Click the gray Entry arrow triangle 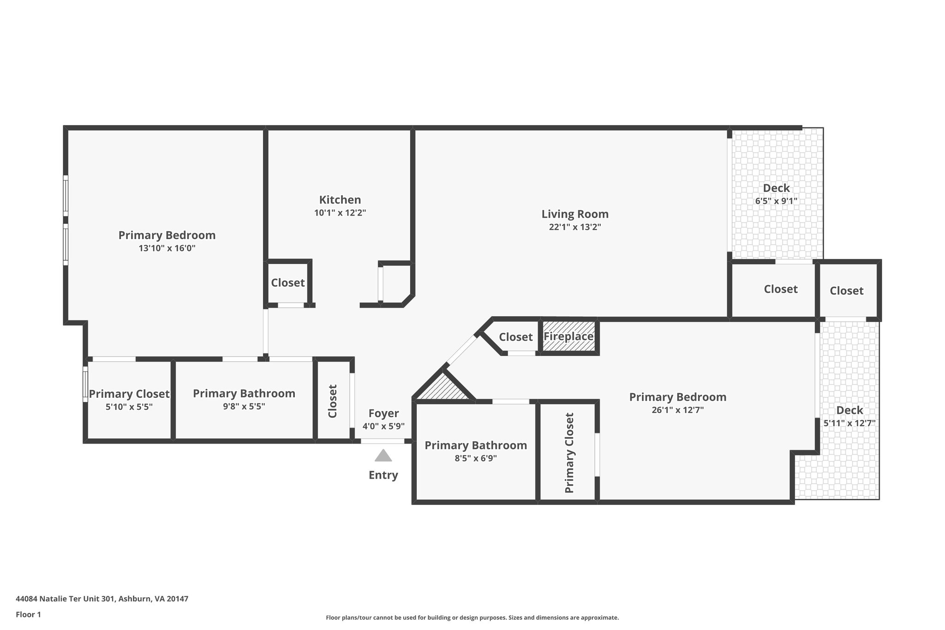[383, 456]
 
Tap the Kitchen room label [340, 200]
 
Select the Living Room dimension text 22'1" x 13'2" [575, 227]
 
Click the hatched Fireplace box [568, 336]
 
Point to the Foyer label [383, 414]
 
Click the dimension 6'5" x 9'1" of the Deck [776, 201]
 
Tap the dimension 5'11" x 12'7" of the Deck [849, 423]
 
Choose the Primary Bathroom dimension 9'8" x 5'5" [244, 407]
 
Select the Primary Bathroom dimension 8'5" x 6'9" [476, 458]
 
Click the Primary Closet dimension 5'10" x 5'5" [129, 407]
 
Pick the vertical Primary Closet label [569, 453]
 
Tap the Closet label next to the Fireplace [516, 337]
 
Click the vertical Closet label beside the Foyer [333, 401]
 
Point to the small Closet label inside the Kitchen [288, 282]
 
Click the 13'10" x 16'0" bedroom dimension [167, 248]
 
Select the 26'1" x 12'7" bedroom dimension [677, 410]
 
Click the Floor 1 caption [29, 614]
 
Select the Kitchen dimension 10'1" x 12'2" [340, 213]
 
